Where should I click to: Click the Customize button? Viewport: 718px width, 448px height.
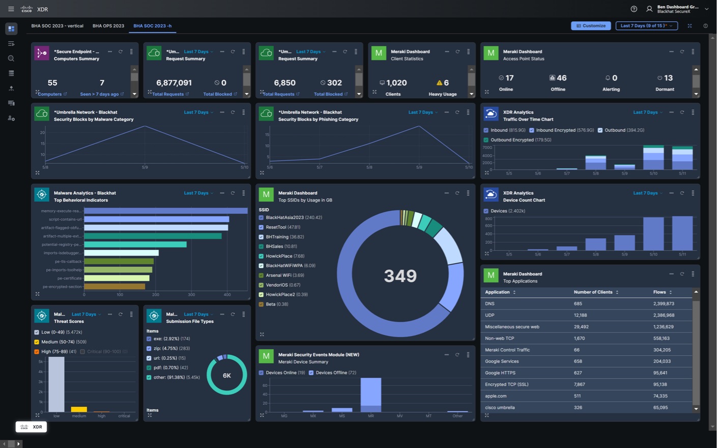coord(591,25)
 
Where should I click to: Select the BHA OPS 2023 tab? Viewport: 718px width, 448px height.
coord(108,25)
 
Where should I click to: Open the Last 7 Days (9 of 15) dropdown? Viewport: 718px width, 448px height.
coord(646,25)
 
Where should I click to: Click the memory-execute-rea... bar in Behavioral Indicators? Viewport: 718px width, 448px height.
coord(165,211)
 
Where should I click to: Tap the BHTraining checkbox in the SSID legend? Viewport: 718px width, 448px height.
coord(261,237)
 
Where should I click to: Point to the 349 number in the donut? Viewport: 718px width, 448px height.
coord(400,275)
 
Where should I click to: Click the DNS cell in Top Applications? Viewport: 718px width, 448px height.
coord(490,303)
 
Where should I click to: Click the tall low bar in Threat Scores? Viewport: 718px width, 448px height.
coord(56,384)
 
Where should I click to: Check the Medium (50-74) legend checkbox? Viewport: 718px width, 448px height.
coord(37,342)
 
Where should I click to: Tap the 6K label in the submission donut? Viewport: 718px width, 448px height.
coord(227,375)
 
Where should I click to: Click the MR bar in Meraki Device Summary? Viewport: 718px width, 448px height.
coord(371,395)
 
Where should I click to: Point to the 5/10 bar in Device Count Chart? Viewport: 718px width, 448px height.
coord(653,234)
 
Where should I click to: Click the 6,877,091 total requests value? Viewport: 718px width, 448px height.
coord(174,82)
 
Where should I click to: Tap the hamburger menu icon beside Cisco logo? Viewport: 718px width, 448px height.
coord(11,9)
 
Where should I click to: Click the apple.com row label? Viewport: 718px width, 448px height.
coord(496,396)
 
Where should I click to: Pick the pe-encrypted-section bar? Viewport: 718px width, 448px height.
coord(114,287)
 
